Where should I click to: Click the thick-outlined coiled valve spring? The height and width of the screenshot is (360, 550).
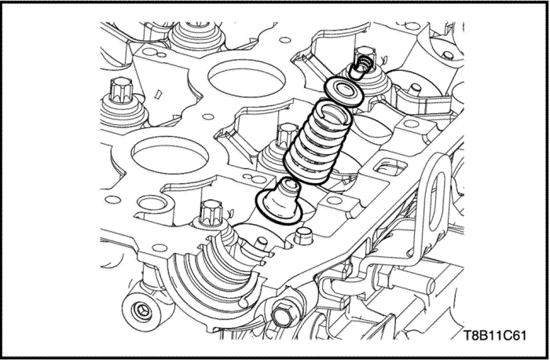pyautogui.click(x=317, y=141)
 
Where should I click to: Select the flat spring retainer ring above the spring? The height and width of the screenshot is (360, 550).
pyautogui.click(x=343, y=92)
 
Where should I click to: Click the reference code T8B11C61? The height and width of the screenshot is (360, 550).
pyautogui.click(x=494, y=336)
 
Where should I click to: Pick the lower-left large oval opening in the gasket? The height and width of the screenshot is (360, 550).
pyautogui.click(x=170, y=155)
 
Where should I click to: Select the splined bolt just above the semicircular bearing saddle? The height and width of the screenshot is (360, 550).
pyautogui.click(x=211, y=213)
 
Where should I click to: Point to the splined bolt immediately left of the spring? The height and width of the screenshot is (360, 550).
pyautogui.click(x=288, y=135)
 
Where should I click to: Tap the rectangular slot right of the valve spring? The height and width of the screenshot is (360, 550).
pyautogui.click(x=390, y=167)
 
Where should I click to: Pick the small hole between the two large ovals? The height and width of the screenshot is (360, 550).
pyautogui.click(x=208, y=117)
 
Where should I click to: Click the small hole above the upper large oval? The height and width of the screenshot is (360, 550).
pyautogui.click(x=285, y=40)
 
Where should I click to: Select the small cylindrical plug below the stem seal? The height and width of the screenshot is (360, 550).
pyautogui.click(x=302, y=237)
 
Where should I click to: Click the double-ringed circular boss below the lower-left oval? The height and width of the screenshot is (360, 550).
pyautogui.click(x=151, y=203)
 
